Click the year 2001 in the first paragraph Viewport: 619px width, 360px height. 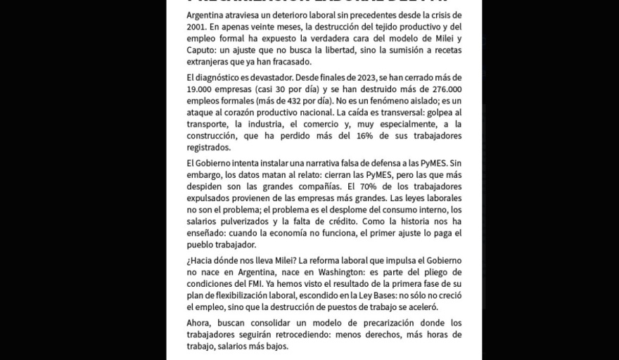pos(198,27)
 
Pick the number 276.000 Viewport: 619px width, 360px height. pos(442,89)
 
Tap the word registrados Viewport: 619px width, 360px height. pos(209,148)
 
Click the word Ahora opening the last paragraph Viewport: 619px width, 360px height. pos(201,323)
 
